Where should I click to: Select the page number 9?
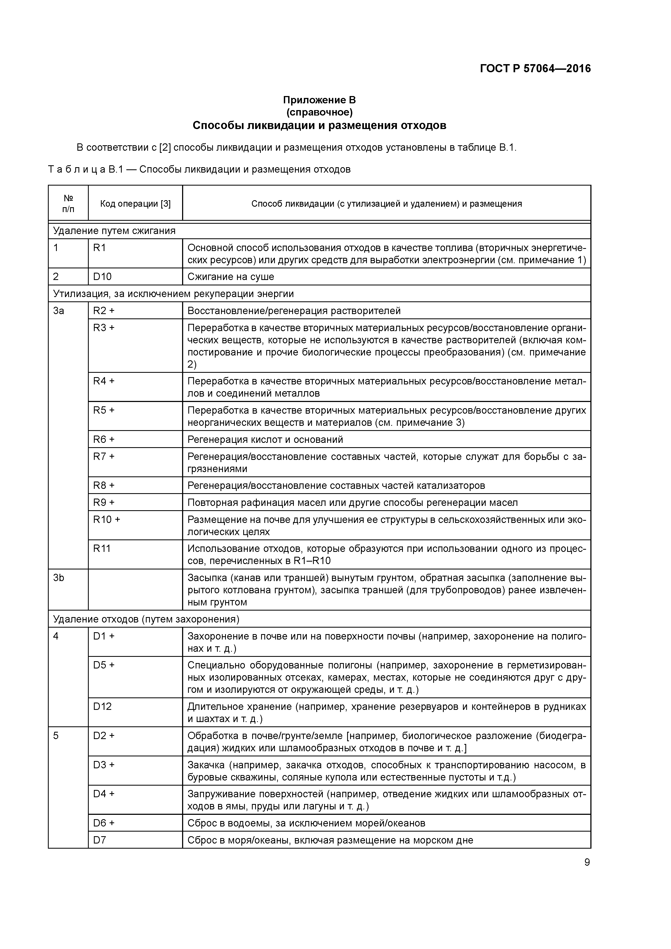pyautogui.click(x=587, y=862)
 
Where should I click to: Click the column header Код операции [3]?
pyautogui.click(x=135, y=204)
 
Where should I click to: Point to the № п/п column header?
pyautogui.click(x=68, y=203)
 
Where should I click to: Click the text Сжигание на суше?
pyautogui.click(x=231, y=276)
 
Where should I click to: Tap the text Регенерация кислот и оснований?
pyautogui.click(x=265, y=439)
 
